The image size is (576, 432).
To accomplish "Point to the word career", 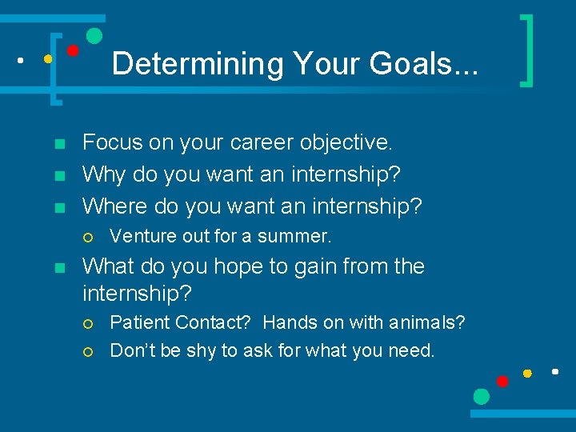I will point(258,142).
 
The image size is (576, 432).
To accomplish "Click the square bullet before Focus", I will point(58,144).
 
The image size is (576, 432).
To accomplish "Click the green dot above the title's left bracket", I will point(94,35).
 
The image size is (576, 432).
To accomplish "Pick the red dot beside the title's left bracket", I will point(72,50).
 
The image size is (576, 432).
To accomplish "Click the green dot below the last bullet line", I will point(481,396).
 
